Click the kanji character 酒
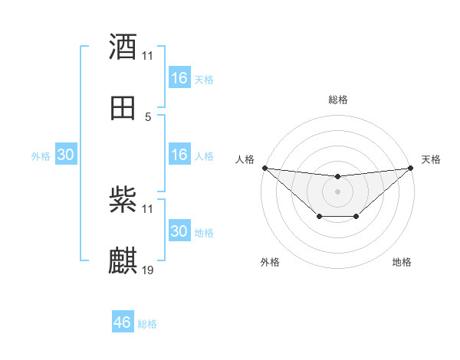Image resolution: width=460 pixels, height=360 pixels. pyautogui.click(x=123, y=47)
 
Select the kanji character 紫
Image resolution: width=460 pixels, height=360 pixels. pyautogui.click(x=123, y=200)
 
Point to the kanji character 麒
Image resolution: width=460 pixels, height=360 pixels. pyautogui.click(x=123, y=260)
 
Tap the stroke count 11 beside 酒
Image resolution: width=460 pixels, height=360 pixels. pyautogui.click(x=148, y=56)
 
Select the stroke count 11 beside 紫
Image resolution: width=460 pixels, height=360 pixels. pyautogui.click(x=148, y=209)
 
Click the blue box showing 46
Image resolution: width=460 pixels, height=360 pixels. pyautogui.click(x=123, y=322)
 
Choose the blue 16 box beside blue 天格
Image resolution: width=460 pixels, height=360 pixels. pyautogui.click(x=179, y=78)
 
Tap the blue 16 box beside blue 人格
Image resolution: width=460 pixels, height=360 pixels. pyautogui.click(x=179, y=155)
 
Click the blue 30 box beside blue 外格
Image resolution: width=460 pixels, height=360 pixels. pyautogui.click(x=66, y=155)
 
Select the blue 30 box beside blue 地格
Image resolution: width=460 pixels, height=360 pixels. pyautogui.click(x=179, y=231)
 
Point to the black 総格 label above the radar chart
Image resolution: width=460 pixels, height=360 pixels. pyautogui.click(x=338, y=100)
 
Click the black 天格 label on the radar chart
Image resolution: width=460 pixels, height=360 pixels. pyautogui.click(x=431, y=159)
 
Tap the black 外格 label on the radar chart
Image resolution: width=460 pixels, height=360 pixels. pyautogui.click(x=270, y=262)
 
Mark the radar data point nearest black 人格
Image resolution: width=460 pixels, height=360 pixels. pyautogui.click(x=264, y=168)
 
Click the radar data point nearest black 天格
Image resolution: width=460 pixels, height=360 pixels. pyautogui.click(x=411, y=168)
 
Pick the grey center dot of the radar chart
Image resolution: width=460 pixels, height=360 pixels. pyautogui.click(x=338, y=191)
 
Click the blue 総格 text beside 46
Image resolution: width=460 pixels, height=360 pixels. pyautogui.click(x=147, y=324)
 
